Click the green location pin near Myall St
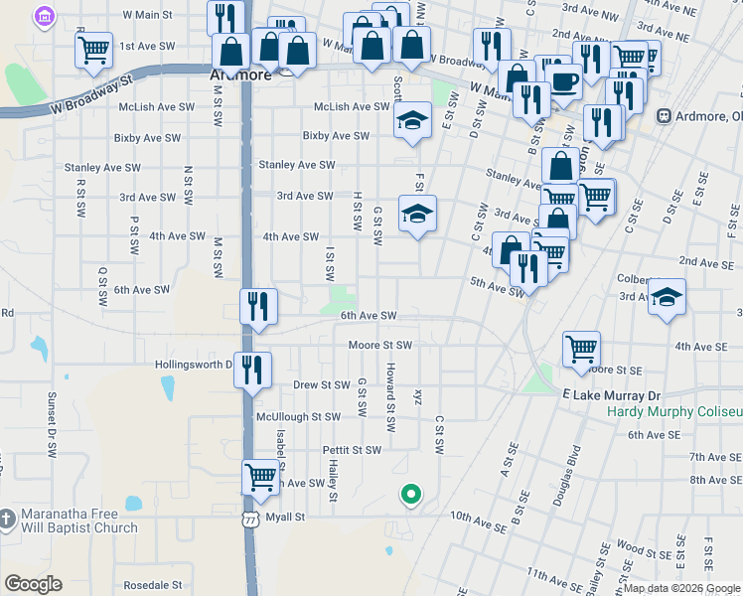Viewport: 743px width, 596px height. click(409, 494)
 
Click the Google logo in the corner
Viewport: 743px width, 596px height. click(33, 584)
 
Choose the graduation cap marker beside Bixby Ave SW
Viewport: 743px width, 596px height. click(413, 121)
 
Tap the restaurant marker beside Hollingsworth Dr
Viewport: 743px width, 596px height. click(252, 370)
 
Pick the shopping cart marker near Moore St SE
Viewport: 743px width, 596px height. click(582, 349)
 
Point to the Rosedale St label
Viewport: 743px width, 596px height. click(149, 586)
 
